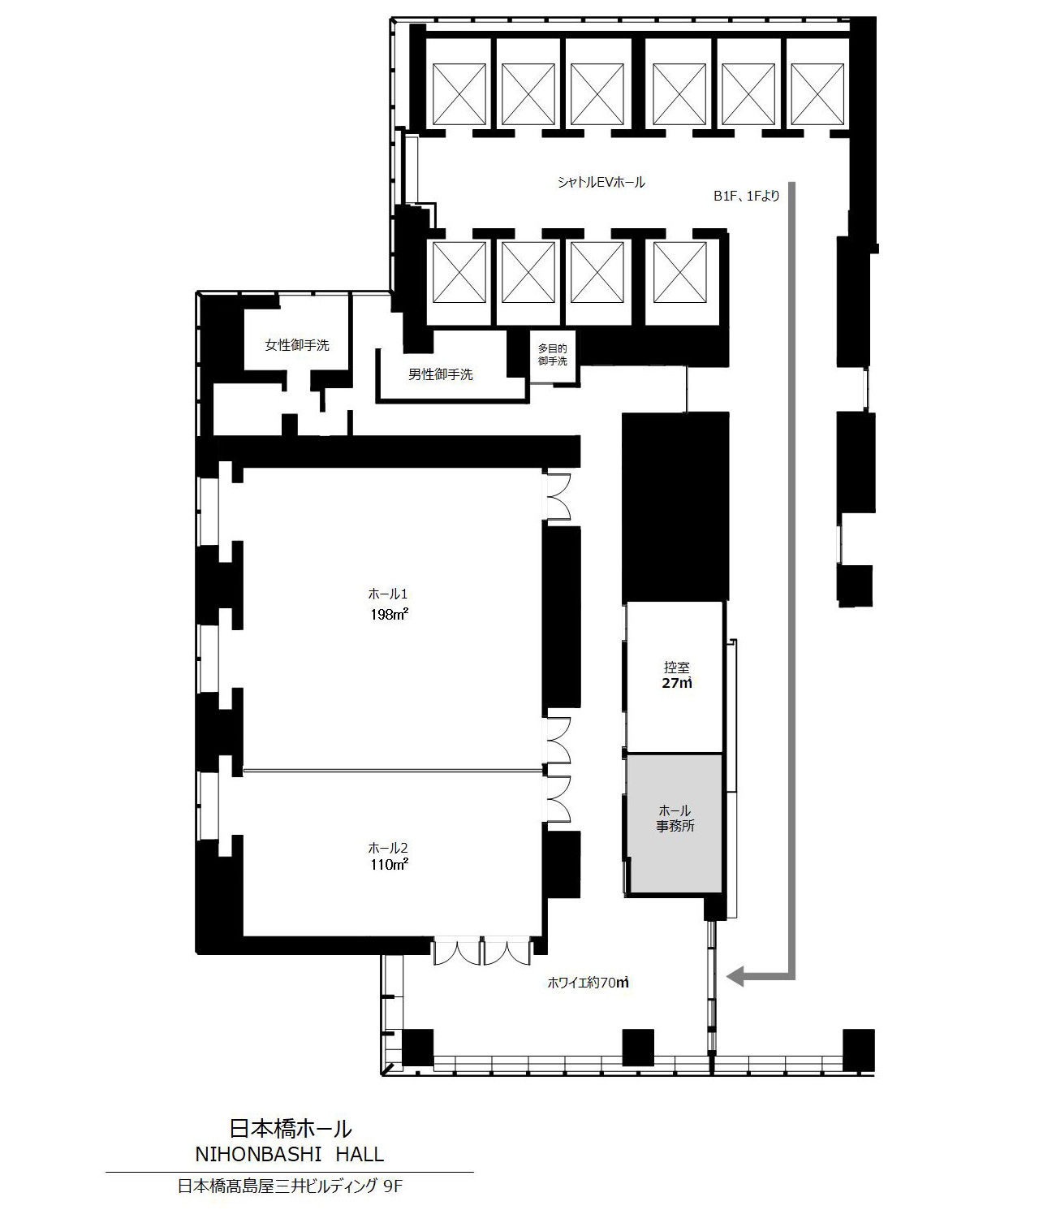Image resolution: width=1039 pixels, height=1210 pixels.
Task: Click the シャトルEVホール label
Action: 601,183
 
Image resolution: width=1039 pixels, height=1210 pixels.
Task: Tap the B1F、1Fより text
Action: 747,196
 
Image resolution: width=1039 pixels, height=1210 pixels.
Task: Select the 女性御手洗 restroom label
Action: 297,345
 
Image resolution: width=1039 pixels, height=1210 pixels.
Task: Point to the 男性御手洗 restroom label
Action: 441,374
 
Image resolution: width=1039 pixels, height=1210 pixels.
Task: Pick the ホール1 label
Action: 388,594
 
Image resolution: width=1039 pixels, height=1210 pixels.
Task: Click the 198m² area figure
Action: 389,614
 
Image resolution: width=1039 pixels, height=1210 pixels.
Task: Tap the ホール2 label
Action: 388,848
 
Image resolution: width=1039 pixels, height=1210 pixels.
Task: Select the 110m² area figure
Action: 389,864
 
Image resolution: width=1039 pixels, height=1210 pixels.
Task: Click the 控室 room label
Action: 676,668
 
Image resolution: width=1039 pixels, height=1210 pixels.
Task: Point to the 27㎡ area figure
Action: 677,683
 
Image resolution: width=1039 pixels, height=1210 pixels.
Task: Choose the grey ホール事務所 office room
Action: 675,824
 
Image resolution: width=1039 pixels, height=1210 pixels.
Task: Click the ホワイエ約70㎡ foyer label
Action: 588,983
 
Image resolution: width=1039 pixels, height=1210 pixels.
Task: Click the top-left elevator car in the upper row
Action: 459,93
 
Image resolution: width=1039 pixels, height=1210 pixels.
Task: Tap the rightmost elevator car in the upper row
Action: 817,93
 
